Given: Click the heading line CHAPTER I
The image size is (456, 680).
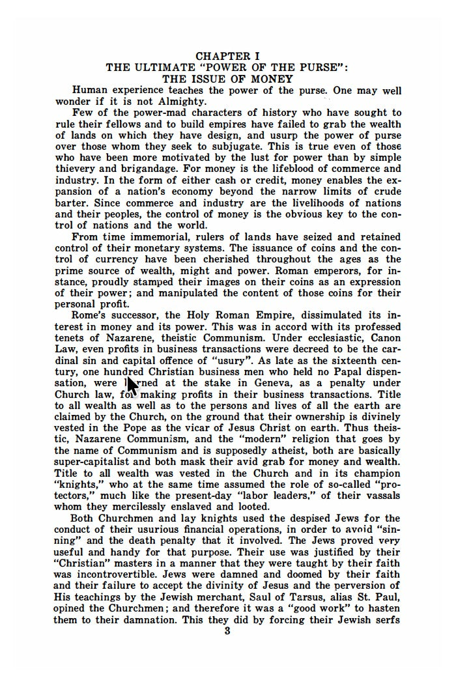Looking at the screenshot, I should point(227,57).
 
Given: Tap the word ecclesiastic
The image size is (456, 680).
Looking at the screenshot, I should point(321,337).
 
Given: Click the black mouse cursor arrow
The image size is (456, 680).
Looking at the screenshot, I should point(132,385).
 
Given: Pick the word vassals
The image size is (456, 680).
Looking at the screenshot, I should point(382,495).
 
